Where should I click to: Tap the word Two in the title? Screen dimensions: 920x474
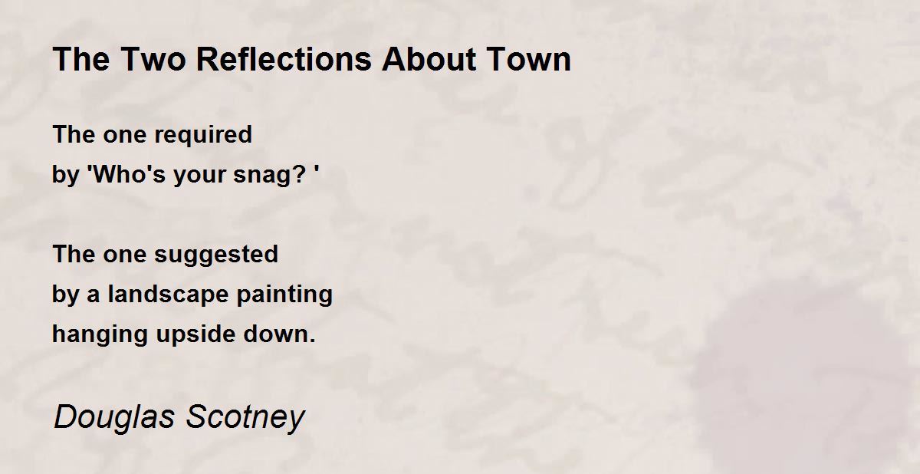point(153,59)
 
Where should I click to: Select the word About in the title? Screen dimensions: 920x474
point(429,59)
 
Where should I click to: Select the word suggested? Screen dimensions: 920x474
point(216,255)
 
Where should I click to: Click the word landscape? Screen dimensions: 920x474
point(168,295)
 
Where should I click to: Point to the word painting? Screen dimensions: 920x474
point(284,295)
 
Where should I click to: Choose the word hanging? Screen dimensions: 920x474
point(100,335)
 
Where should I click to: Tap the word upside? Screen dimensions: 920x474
point(195,335)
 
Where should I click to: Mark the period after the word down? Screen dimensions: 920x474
point(312,341)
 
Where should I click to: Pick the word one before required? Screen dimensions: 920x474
point(124,136)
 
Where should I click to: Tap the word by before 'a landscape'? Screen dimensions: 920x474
point(65,295)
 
